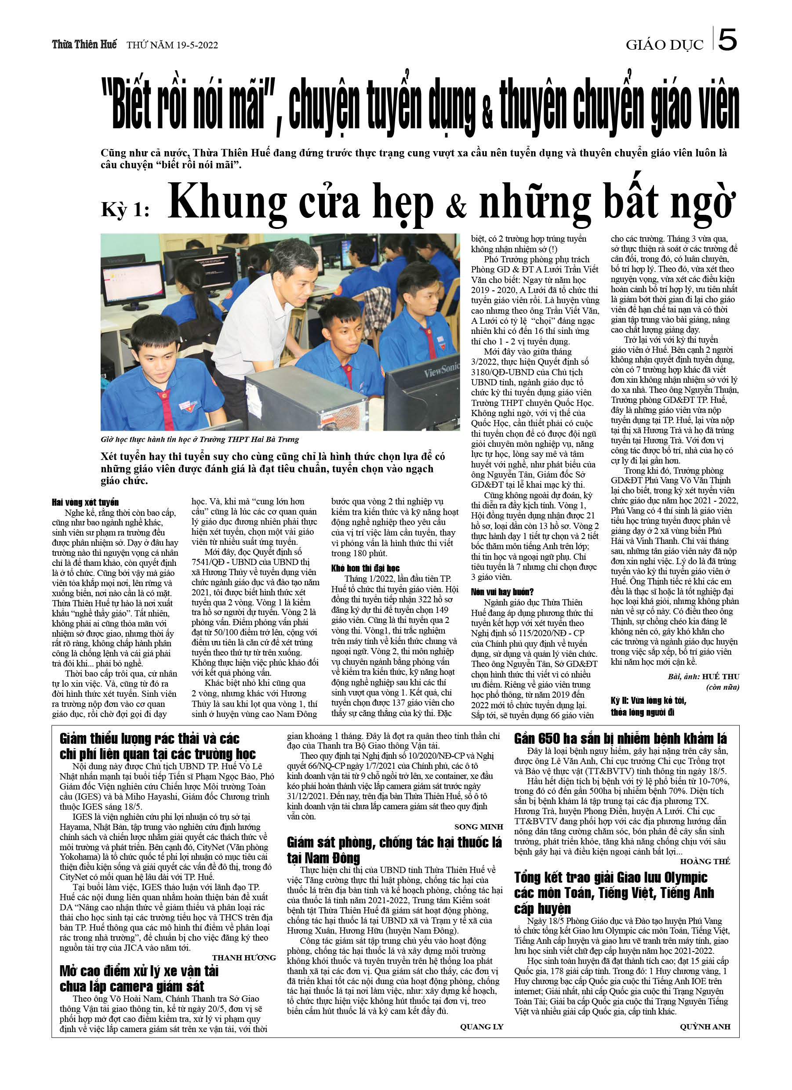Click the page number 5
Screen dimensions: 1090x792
[x=727, y=40]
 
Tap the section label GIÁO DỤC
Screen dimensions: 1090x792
[x=664, y=45]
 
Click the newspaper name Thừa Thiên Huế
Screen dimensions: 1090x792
[x=84, y=45]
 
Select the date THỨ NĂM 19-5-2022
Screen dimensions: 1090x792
[x=172, y=45]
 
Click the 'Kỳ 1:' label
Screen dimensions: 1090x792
[x=125, y=210]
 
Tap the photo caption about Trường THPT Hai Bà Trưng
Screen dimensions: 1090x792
[x=200, y=439]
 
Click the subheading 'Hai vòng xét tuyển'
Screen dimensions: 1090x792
[x=85, y=502]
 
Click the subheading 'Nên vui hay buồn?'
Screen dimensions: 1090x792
[x=502, y=592]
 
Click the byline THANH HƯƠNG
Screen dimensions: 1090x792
[x=244, y=957]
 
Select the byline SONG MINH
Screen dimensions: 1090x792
[x=479, y=827]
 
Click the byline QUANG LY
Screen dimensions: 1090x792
[x=481, y=1027]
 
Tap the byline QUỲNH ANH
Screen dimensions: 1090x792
[x=705, y=1027]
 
